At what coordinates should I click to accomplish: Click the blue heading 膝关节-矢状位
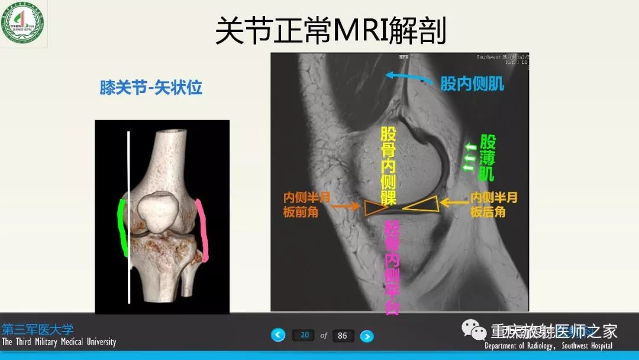coord(151,88)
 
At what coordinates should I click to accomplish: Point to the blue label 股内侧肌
coord(472,83)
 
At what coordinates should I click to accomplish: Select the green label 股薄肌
coord(488,158)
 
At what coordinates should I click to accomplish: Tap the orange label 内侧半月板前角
coord(305,204)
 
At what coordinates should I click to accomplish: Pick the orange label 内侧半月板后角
coord(493,204)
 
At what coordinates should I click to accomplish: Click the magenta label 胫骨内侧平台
coord(392,266)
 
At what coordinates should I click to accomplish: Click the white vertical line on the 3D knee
coord(129,219)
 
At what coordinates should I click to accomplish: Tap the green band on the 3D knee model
coord(123,228)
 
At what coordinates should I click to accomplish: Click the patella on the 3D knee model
coord(159,210)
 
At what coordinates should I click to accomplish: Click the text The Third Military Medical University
coord(59,342)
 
